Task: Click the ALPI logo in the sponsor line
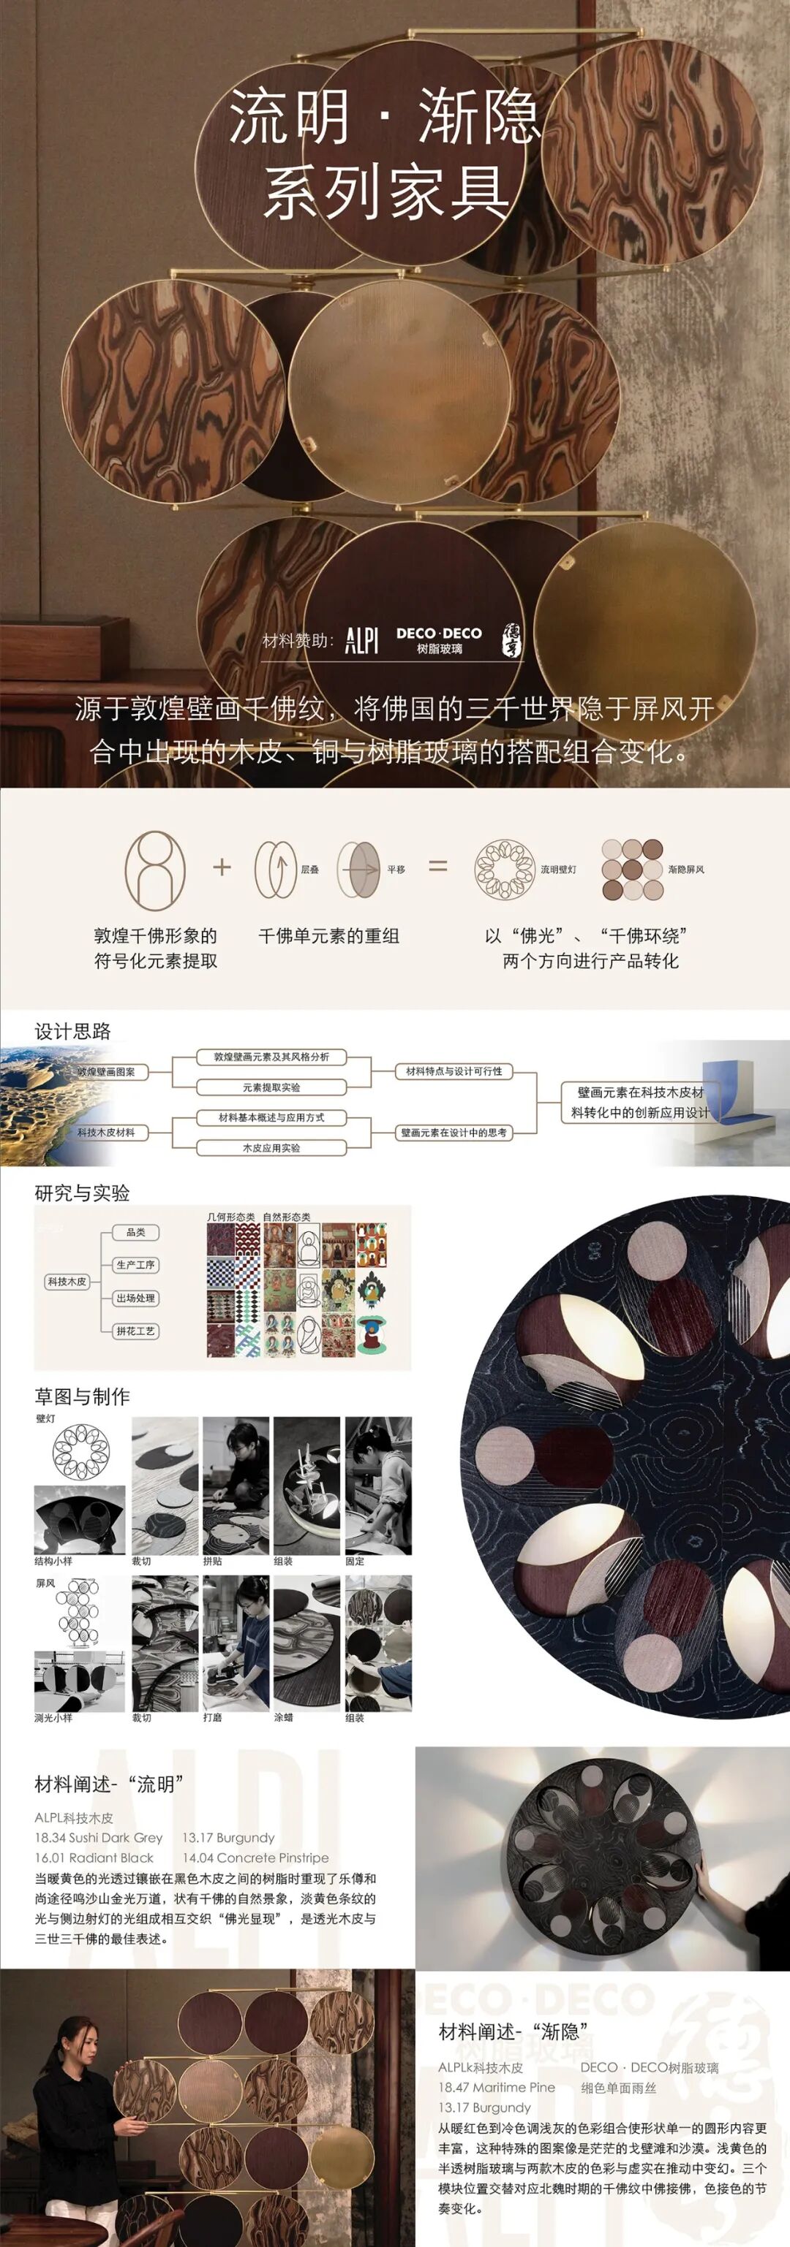click(x=361, y=641)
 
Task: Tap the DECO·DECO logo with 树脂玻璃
click(x=438, y=640)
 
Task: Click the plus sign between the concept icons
click(x=222, y=867)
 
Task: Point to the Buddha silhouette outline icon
click(x=154, y=870)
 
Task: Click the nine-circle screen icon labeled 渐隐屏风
click(x=632, y=870)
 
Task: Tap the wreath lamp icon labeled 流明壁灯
click(x=504, y=870)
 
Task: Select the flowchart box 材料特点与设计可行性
click(x=454, y=1071)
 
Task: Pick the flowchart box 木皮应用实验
click(x=271, y=1148)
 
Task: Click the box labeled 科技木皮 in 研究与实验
click(x=67, y=1282)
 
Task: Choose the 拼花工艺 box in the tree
click(x=136, y=1331)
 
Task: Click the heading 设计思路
click(x=72, y=1031)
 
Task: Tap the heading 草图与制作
click(x=82, y=1396)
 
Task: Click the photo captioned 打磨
click(x=236, y=1643)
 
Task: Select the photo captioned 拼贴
click(x=236, y=1486)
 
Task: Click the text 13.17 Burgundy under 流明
click(x=229, y=1838)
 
